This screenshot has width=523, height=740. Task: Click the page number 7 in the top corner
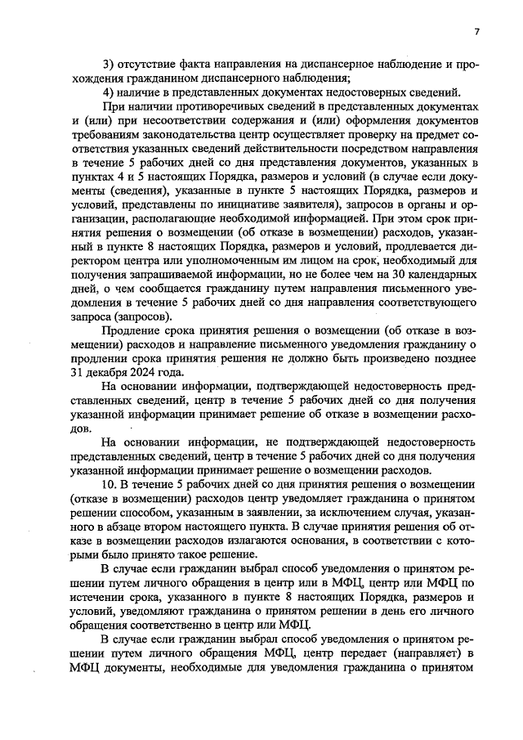tap(476, 32)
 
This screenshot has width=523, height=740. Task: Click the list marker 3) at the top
tap(107, 64)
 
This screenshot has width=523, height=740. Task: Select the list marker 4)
tap(107, 92)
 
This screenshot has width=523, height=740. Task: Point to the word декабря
tap(93, 372)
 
